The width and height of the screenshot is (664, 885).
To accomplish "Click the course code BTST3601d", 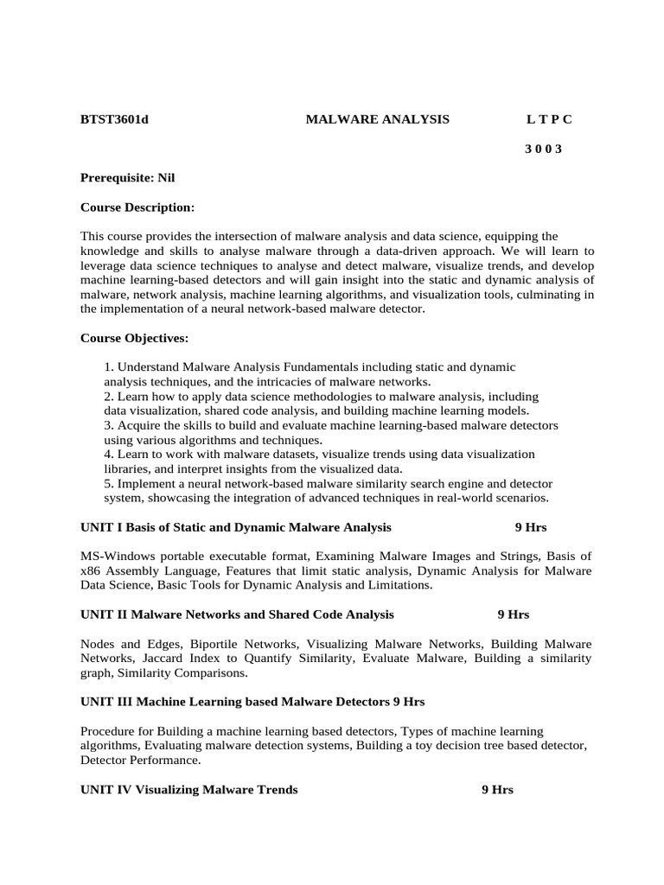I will pos(114,119).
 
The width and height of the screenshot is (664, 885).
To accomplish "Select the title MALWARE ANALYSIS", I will pos(378,119).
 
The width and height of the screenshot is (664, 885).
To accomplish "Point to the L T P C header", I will pos(549,119).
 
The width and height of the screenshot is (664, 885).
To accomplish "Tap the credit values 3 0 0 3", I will pos(543,149).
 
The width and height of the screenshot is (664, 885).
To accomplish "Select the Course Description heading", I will pos(137,207).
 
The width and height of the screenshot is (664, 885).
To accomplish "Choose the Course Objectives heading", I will pos(134,337).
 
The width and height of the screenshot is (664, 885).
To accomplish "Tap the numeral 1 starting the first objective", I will pos(107,367).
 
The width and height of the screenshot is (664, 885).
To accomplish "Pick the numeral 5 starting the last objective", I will pos(107,483).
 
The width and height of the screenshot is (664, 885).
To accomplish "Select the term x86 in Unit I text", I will pos(90,570).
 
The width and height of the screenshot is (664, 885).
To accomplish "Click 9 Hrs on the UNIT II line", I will pos(514,614).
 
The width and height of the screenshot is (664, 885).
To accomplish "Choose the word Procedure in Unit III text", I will pos(109,731).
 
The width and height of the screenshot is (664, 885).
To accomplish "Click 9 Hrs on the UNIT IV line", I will pos(498,789).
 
